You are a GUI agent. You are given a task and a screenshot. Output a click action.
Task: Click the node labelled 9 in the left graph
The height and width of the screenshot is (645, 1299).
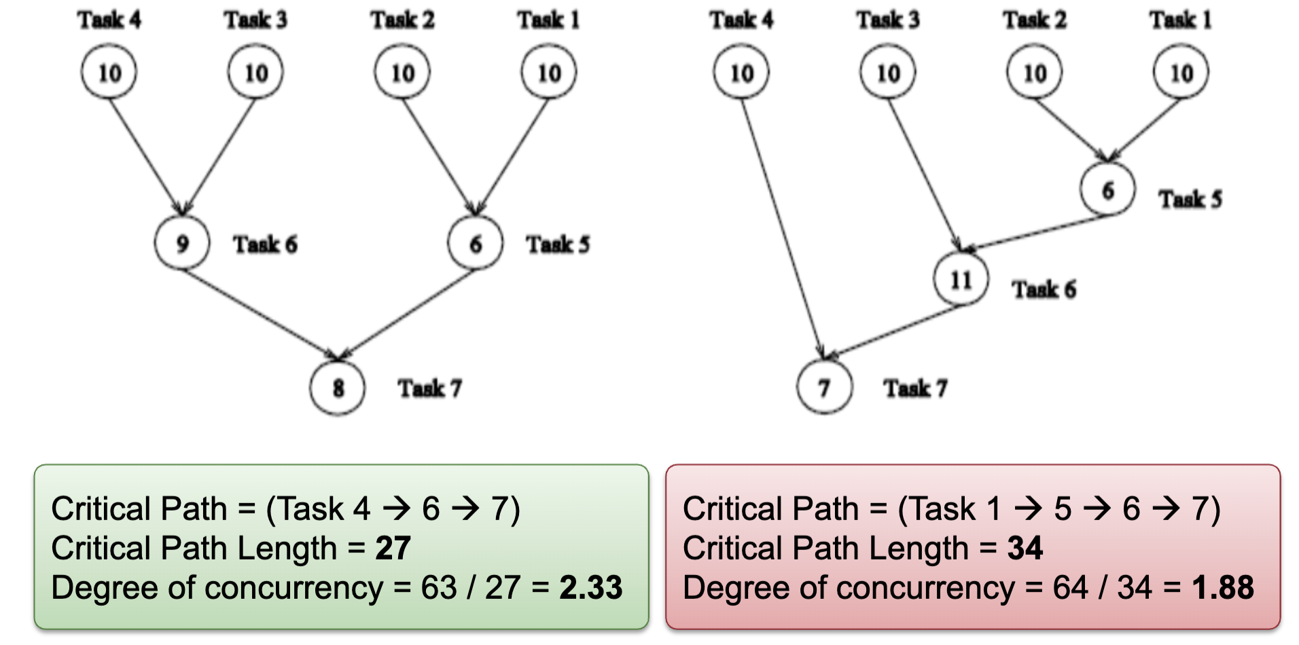(x=181, y=243)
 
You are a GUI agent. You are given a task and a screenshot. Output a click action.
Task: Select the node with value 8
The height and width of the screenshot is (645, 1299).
(x=338, y=388)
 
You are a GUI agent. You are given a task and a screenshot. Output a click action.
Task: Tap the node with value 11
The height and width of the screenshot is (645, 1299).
(x=961, y=279)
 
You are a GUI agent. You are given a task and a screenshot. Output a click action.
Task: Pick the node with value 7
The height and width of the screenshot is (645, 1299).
(x=824, y=388)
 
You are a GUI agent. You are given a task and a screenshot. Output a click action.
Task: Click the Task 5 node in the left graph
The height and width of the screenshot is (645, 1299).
(x=475, y=243)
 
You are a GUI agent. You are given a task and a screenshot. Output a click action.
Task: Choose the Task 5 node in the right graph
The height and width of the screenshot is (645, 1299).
(x=1107, y=189)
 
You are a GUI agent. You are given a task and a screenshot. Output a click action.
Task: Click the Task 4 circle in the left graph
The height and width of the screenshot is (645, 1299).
(x=109, y=72)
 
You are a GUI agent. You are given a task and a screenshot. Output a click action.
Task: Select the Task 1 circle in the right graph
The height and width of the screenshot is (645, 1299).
(x=1181, y=72)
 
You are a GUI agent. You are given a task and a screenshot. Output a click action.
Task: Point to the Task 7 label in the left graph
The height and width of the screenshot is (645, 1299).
(x=429, y=388)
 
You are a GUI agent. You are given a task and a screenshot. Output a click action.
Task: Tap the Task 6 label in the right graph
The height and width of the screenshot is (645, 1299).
(x=1044, y=289)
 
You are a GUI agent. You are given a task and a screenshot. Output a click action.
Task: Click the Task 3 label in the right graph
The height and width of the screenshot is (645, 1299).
(x=887, y=20)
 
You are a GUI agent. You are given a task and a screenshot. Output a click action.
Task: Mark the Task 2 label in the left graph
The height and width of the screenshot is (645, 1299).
(x=402, y=20)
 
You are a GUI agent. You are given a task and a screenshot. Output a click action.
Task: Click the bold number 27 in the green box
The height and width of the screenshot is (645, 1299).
(x=393, y=548)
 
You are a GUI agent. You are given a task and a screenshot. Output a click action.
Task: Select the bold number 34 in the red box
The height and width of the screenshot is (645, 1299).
(x=1025, y=548)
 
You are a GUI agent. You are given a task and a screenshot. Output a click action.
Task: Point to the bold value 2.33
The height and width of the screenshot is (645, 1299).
(x=590, y=587)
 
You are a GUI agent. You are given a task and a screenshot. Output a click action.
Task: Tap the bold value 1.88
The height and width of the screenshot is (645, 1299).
(x=1222, y=587)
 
